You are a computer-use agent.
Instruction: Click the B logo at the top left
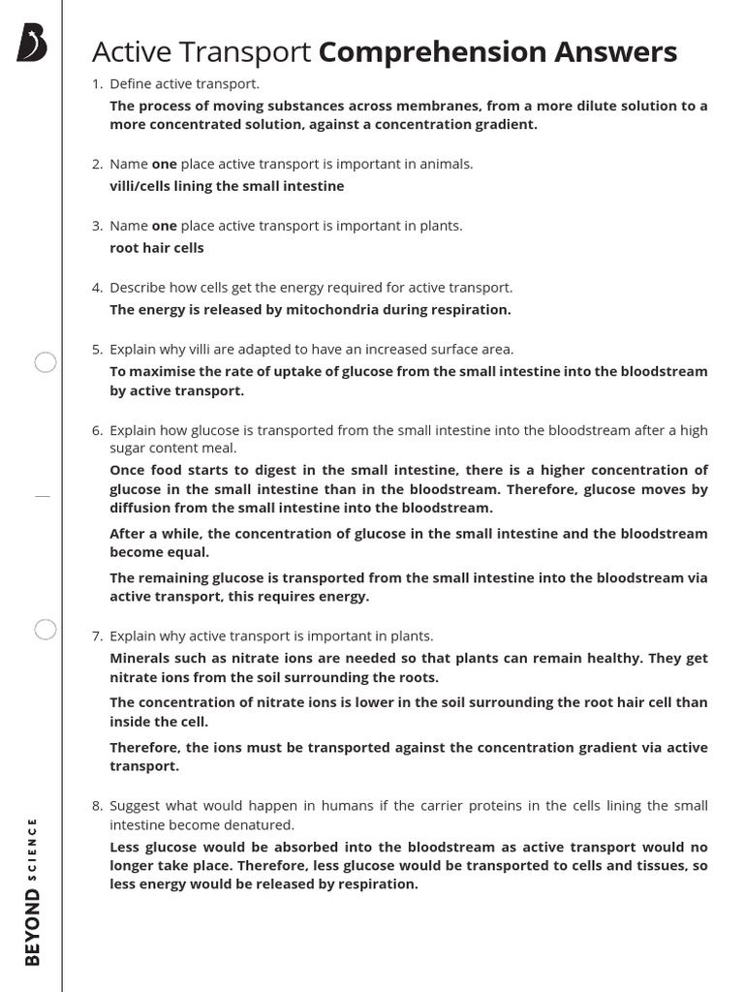click(x=32, y=44)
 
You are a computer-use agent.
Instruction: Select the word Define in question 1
click(x=131, y=84)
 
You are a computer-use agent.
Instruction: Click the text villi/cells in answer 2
click(x=143, y=186)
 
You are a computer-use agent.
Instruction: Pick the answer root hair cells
click(x=157, y=248)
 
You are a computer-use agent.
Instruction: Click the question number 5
click(x=96, y=349)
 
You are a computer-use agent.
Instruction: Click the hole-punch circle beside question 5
click(x=46, y=363)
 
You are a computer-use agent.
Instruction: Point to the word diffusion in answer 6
click(x=142, y=508)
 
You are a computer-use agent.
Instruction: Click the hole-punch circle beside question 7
click(x=46, y=631)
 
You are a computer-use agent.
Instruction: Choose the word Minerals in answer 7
click(x=141, y=658)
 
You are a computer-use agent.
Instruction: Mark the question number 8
click(x=96, y=806)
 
